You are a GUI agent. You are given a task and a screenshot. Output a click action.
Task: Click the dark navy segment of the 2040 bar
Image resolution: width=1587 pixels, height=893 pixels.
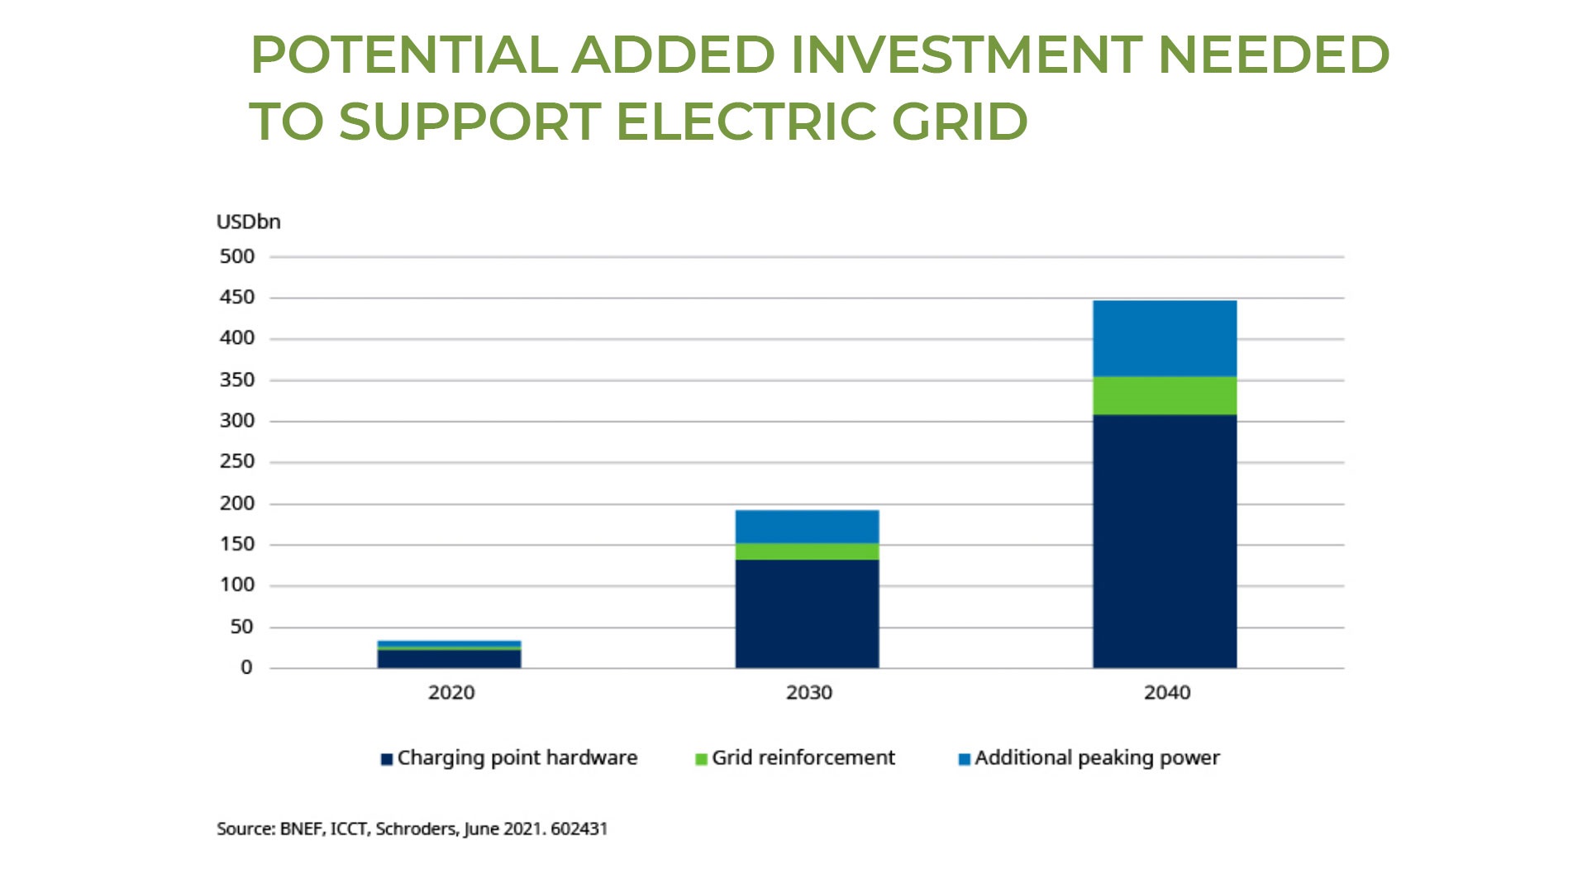[1165, 542]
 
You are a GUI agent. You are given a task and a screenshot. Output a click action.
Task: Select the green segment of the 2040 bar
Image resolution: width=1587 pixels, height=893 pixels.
[1165, 395]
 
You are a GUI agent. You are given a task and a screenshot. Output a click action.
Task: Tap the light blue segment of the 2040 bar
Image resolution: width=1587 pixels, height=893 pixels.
[1165, 338]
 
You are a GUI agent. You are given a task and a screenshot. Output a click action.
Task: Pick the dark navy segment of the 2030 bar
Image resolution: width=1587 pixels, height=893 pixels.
[807, 614]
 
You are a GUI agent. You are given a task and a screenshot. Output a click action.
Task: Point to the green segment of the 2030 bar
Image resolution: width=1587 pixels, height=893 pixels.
[807, 552]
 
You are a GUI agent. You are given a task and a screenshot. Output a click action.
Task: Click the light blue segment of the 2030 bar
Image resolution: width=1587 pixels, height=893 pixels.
[807, 527]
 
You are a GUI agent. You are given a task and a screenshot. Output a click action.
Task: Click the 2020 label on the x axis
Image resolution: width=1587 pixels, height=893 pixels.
[451, 693]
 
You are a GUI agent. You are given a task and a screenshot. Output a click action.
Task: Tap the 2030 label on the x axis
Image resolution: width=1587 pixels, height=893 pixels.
[808, 693]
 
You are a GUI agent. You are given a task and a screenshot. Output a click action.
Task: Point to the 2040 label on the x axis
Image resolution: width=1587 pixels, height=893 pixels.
[1166, 693]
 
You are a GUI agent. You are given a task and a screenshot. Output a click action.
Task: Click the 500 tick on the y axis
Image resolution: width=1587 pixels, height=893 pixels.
[236, 257]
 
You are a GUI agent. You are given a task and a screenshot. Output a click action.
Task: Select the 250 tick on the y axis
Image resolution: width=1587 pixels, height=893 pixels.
[236, 461]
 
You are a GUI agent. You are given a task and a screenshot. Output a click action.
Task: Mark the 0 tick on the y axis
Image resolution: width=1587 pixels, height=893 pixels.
[246, 668]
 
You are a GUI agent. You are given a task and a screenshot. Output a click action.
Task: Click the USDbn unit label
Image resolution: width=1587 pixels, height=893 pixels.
[248, 222]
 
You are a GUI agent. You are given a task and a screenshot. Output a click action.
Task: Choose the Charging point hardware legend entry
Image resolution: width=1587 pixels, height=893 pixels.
[509, 758]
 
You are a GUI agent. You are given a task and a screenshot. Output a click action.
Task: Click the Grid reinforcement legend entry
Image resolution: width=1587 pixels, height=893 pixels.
[795, 758]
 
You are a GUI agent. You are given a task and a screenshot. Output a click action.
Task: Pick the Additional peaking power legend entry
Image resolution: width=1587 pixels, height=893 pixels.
[1089, 758]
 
